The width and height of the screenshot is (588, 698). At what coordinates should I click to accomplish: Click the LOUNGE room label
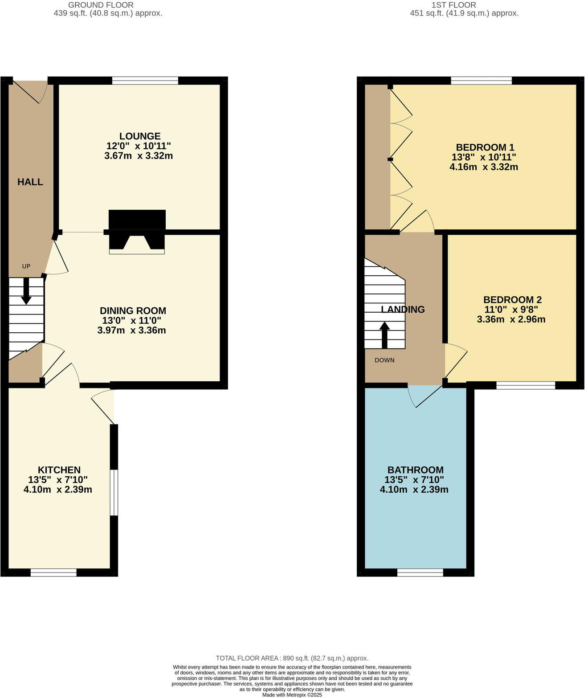tap(139, 136)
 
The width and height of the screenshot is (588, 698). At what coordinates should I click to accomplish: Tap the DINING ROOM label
tap(133, 311)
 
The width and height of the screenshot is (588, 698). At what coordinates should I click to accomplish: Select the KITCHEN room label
tap(59, 470)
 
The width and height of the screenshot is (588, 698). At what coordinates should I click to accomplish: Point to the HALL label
tap(30, 182)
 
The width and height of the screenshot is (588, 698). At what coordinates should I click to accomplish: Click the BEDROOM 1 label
tap(485, 147)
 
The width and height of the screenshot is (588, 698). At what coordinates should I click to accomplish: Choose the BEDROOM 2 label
tap(512, 300)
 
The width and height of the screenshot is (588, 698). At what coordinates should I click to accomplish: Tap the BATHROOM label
tap(415, 470)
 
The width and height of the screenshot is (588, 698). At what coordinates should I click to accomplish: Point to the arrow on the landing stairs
tap(384, 335)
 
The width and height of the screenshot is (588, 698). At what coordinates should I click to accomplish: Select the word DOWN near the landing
tap(384, 360)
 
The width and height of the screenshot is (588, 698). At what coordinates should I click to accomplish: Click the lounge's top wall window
tap(145, 81)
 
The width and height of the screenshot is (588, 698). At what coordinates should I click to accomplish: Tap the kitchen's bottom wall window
tap(53, 572)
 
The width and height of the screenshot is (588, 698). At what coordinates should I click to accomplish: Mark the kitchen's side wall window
tap(114, 493)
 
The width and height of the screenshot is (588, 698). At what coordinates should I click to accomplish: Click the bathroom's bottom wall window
tap(420, 572)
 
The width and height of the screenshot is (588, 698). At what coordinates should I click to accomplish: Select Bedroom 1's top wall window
tap(481, 81)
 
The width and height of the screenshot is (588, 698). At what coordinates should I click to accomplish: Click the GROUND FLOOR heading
tap(101, 5)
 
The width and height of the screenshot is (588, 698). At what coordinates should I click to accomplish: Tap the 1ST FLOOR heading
tap(453, 5)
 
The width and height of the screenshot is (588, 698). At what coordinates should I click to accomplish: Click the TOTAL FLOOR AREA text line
tap(292, 658)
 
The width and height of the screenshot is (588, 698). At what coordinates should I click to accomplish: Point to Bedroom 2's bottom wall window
tap(526, 385)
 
